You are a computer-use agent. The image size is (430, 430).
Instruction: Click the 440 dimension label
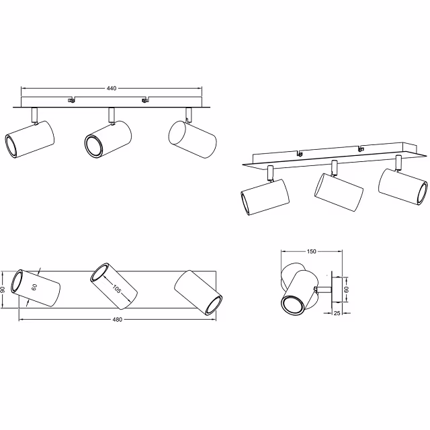[x=112, y=89]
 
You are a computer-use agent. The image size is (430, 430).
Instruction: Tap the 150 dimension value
[x=311, y=252]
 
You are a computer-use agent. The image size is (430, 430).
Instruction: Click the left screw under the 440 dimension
[x=71, y=101]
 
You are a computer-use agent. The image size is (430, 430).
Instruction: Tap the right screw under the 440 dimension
[x=144, y=101]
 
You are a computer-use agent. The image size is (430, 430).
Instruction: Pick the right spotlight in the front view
[x=191, y=138]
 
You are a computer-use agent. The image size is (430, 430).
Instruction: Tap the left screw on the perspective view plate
[x=300, y=155]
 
